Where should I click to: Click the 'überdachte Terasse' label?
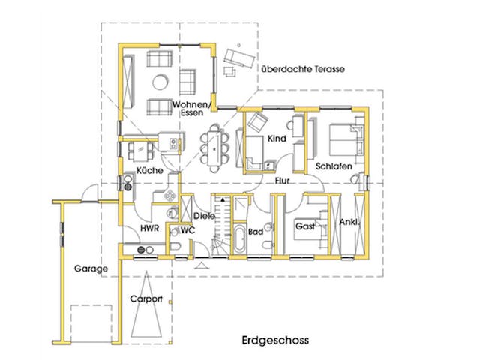(x=302, y=69)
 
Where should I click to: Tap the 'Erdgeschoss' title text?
(x=275, y=340)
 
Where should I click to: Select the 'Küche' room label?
(x=150, y=172)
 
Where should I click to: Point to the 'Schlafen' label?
(x=334, y=166)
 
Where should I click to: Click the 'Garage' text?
(x=91, y=268)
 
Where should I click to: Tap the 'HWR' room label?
(x=148, y=228)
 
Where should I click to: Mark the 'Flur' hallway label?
(x=283, y=181)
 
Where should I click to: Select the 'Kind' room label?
(x=277, y=139)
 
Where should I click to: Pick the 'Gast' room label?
(x=305, y=225)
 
